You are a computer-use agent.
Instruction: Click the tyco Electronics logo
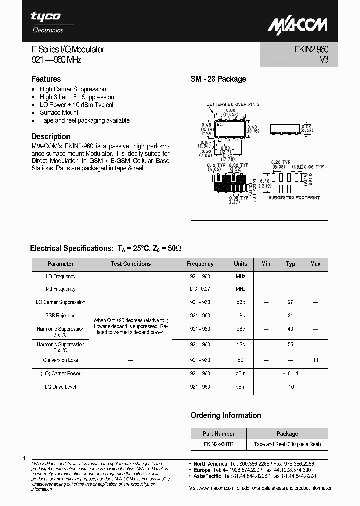coord(47,22)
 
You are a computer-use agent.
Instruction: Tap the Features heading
coord(46,79)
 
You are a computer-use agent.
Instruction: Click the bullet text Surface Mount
coord(59,113)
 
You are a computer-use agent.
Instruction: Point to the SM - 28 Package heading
coord(218,79)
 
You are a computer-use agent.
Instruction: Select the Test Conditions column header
coord(130,264)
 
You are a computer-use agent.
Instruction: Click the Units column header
coord(240,264)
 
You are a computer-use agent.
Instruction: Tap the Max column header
coord(315,264)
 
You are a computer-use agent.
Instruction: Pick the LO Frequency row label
coord(60,276)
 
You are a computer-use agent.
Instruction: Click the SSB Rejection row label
coord(60,315)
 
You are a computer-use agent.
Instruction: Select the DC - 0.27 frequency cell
coord(200,289)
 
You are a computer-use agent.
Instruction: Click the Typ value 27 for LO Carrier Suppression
coord(290,302)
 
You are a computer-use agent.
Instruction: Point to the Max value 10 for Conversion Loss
coord(315,360)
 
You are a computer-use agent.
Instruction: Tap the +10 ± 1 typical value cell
coord(290,373)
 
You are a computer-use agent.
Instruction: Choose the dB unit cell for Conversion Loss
coord(240,360)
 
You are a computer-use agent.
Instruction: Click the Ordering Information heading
coord(226,415)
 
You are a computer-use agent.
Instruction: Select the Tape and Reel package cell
coord(287,444)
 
